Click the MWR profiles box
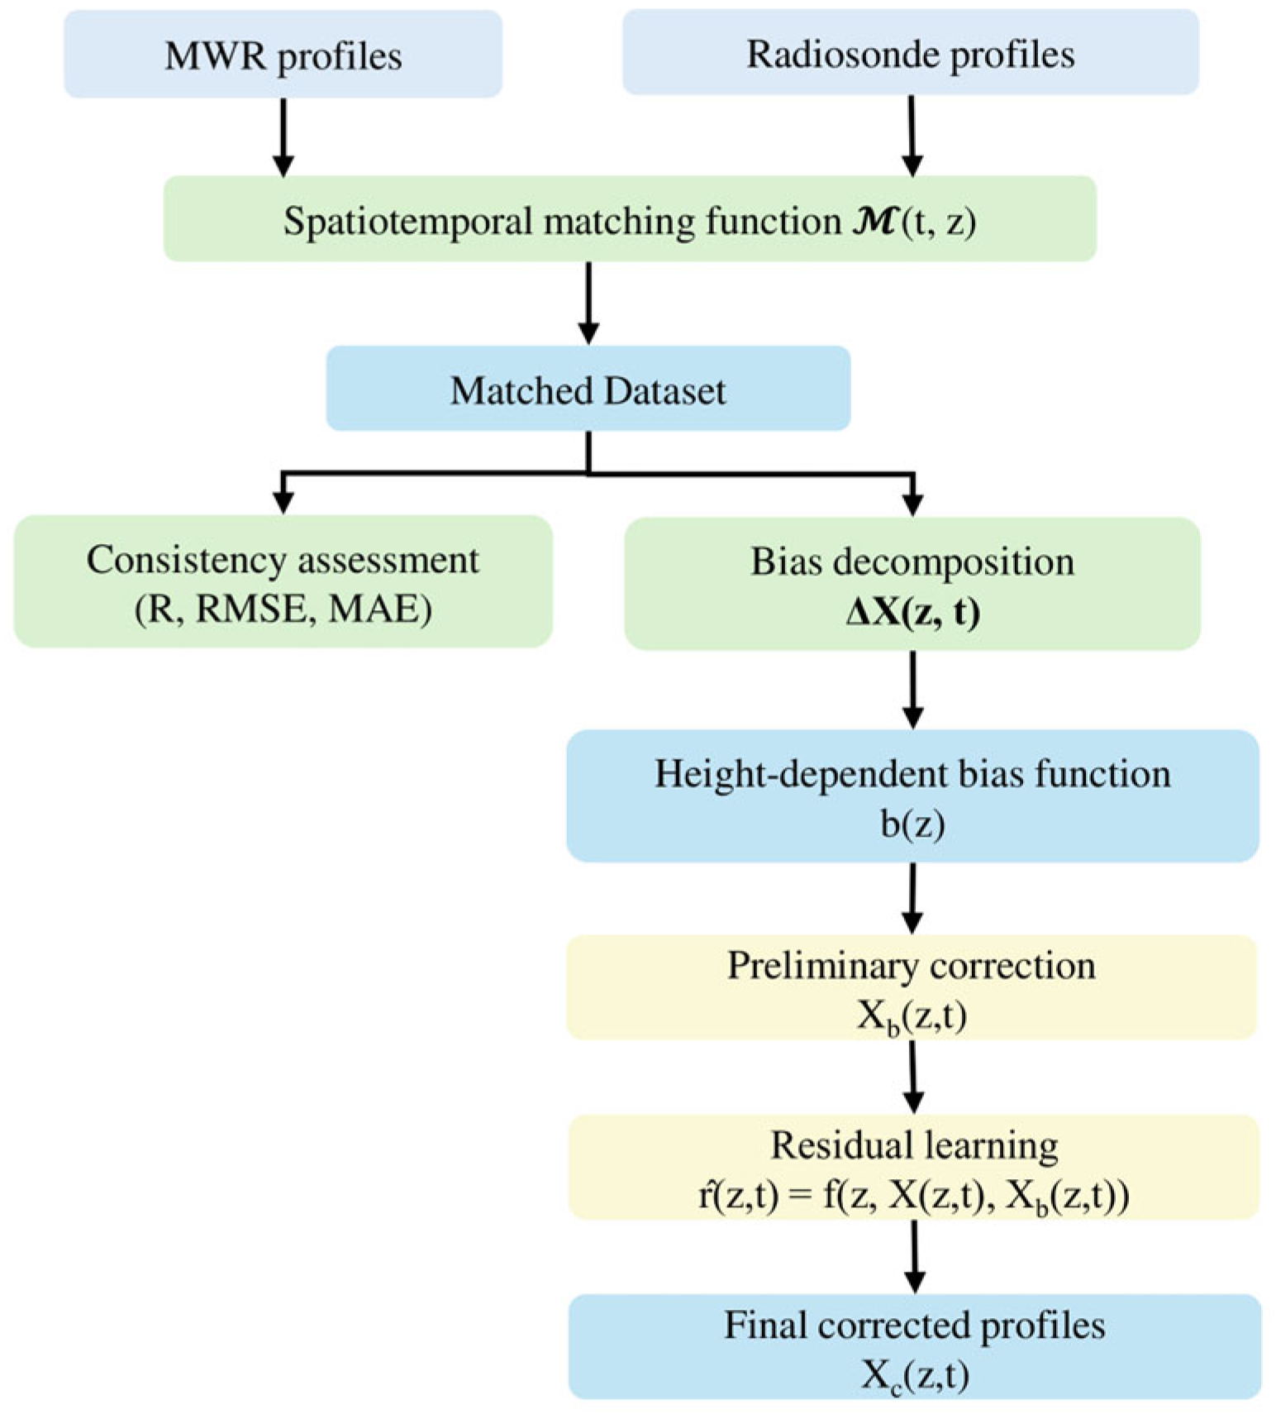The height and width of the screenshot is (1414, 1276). point(283,55)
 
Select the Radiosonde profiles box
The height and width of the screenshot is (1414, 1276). point(911,52)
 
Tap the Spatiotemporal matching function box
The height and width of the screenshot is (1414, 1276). point(630,219)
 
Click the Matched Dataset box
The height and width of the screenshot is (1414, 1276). point(588,389)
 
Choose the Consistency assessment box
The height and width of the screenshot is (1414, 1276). point(283,581)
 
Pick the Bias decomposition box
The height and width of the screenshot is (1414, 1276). point(912,584)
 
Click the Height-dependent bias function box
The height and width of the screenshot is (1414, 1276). point(912,795)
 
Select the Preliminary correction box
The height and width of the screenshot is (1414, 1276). point(912,987)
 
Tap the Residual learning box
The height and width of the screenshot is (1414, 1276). point(913,1167)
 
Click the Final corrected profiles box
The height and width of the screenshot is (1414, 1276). point(915,1346)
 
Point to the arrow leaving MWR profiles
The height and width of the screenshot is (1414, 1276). point(283,137)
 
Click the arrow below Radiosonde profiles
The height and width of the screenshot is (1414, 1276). point(912,136)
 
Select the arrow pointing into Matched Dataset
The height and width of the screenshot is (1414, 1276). point(588,303)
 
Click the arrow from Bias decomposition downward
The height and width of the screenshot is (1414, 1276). point(912,690)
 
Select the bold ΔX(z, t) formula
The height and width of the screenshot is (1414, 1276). point(912,613)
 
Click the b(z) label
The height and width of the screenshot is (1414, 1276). point(912,824)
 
